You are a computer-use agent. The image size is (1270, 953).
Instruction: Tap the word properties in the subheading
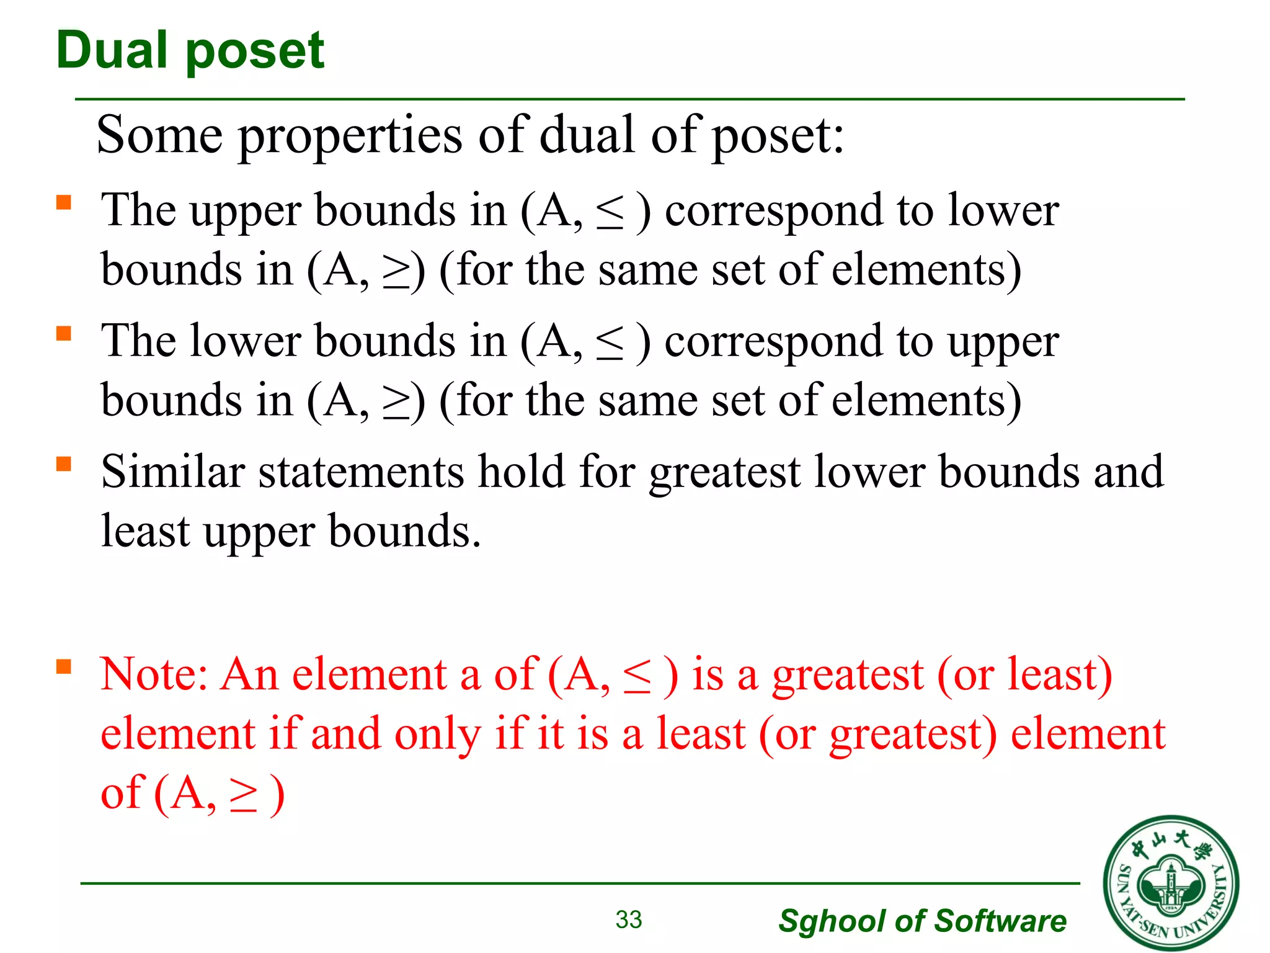[x=350, y=137]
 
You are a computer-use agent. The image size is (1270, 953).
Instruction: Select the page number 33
[x=628, y=919]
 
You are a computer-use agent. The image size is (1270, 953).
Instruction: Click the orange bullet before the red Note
[x=64, y=667]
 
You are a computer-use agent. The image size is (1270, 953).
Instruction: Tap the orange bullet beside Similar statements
[x=64, y=464]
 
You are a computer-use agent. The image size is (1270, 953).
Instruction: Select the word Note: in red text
[x=154, y=675]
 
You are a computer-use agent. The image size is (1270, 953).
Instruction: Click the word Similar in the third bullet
[x=173, y=472]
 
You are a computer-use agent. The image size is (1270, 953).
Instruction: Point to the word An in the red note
[x=250, y=675]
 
